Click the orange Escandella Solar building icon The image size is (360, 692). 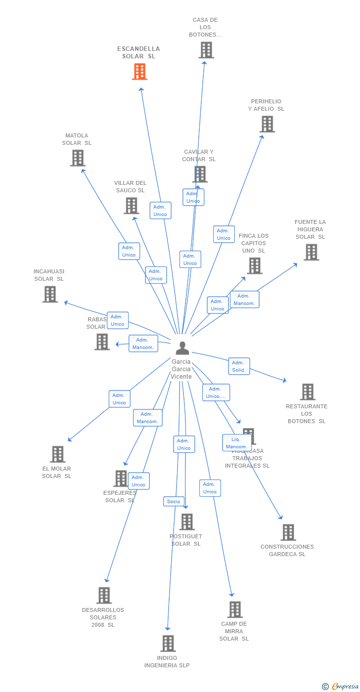coord(140,72)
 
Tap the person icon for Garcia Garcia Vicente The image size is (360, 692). coord(182,348)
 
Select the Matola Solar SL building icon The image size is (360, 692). coord(78,158)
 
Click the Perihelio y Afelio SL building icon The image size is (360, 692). coord(268,124)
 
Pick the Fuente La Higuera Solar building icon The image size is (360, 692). coord(311,252)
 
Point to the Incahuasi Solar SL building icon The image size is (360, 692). coord(50,294)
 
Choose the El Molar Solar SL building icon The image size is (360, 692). coord(58,454)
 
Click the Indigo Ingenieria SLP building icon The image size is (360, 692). coord(168,644)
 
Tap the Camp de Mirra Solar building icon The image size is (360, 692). coord(235,609)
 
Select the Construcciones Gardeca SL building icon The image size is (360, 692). coord(288,532)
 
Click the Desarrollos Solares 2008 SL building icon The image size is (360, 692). coord(104,596)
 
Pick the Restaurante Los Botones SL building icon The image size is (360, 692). coord(308,392)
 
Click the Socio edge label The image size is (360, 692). coord(174,501)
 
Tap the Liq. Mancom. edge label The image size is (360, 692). coord(236,443)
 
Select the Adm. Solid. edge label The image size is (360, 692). coord(239,366)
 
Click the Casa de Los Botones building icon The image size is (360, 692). coord(206,50)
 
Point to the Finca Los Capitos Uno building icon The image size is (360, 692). coord(255,266)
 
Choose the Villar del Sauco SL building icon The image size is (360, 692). coord(131,206)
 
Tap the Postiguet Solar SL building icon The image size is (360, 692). coord(187,522)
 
